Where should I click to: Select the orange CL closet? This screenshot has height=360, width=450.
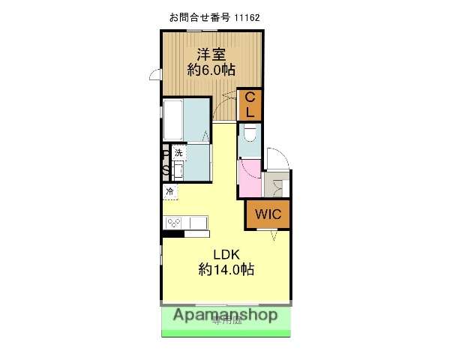tap(250, 104)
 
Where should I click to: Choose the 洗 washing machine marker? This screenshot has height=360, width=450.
tap(178, 153)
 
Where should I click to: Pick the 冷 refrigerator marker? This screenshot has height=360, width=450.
tap(169, 192)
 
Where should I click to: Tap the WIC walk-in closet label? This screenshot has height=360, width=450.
tap(267, 214)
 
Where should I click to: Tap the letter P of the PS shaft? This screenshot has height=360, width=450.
tap(165, 155)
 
